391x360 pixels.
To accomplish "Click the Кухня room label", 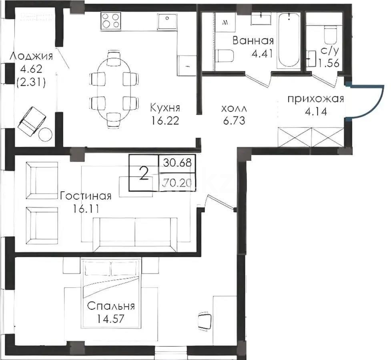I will [x=165, y=108].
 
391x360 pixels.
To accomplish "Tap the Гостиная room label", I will [x=85, y=196].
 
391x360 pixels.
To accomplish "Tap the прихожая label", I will [x=315, y=100].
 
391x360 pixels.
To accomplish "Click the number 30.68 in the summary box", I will [x=177, y=162].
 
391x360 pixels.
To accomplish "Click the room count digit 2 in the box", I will [x=144, y=173].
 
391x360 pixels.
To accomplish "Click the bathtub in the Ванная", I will [x=289, y=40].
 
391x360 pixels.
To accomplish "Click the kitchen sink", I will [x=168, y=21].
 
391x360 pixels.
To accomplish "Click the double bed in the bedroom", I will [x=111, y=292].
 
